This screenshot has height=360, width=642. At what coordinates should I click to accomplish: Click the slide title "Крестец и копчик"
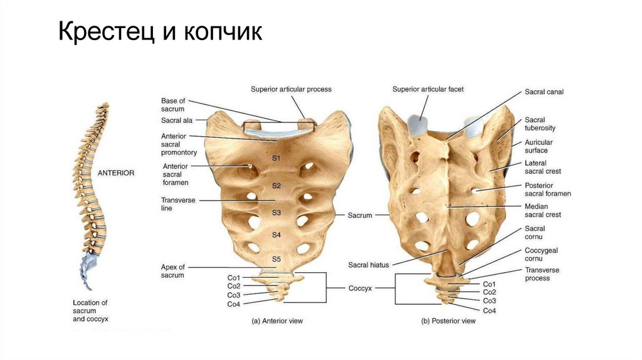click(x=160, y=33)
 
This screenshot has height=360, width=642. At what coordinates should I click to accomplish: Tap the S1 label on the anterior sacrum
click(x=276, y=158)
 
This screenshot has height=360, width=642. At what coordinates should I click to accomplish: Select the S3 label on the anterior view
click(x=276, y=213)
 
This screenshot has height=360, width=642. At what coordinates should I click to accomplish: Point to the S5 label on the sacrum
click(x=276, y=258)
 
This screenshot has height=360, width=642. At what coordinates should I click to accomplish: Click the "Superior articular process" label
click(x=291, y=89)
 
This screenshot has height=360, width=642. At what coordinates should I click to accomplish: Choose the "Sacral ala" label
click(x=176, y=120)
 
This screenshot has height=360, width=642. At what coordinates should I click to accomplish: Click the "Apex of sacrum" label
click(x=173, y=271)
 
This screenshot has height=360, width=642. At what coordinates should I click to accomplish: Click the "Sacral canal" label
click(x=544, y=92)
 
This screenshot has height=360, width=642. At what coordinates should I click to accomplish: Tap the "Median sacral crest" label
click(x=542, y=210)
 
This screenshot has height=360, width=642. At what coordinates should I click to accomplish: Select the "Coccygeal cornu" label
click(x=541, y=254)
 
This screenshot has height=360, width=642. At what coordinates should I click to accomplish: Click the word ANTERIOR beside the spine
click(x=115, y=172)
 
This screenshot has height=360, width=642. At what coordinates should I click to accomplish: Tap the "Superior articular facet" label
click(x=428, y=89)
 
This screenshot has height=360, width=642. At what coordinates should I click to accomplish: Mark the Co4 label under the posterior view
click(x=490, y=310)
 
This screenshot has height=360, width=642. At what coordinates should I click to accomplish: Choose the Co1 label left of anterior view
click(x=234, y=277)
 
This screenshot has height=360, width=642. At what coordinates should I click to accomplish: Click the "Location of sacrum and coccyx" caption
click(x=90, y=310)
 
